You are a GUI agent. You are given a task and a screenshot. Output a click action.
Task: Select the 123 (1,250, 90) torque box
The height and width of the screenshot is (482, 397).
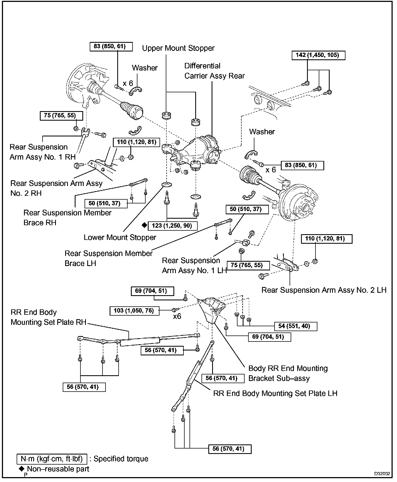pos(172,226)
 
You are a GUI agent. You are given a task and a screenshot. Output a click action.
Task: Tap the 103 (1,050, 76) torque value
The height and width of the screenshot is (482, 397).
pos(134,311)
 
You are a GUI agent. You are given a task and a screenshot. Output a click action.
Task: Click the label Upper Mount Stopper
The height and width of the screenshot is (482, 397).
pos(178,48)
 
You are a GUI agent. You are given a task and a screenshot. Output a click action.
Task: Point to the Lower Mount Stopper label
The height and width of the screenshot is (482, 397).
pos(120,237)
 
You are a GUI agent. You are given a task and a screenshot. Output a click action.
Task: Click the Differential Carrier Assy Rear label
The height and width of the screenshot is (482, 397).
pos(214,71)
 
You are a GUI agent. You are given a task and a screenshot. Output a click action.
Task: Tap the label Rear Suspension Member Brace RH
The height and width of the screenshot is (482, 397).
pos(67,218)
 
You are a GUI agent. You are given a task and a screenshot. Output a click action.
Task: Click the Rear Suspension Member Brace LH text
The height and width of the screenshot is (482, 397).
pos(108,258)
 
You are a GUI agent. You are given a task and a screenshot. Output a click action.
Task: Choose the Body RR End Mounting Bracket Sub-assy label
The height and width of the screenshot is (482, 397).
pos(288,373)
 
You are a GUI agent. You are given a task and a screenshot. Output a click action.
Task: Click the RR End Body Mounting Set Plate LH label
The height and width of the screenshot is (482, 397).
pos(275,393)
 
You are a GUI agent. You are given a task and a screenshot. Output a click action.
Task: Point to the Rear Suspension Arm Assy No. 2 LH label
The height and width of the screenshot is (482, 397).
pos(324,290)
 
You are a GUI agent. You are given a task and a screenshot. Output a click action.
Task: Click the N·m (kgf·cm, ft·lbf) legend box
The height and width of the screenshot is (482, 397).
pos(52,459)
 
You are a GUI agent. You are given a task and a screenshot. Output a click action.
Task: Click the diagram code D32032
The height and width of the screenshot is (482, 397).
pos(382,474)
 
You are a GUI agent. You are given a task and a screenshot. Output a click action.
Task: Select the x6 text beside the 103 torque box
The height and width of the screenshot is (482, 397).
pos(177,316)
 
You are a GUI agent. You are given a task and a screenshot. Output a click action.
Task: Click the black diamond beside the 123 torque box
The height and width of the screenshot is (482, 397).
pos(144,225)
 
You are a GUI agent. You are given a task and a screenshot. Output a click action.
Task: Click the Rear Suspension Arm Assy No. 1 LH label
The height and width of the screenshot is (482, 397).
pos(194,266)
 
